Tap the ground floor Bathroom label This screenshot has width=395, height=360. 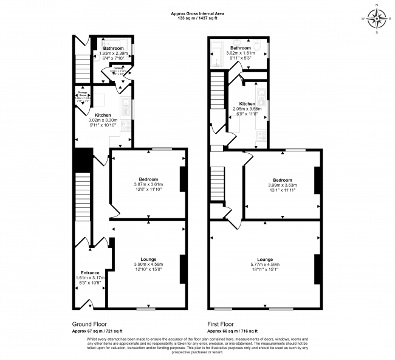pos(113,48)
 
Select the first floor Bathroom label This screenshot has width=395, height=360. pos(240,48)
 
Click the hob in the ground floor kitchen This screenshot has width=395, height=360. pos(126,126)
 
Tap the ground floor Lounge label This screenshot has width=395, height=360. pos(149,259)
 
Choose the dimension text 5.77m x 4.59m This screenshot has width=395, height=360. pos(264,265)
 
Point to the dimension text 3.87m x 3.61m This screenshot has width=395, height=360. pos(149,184)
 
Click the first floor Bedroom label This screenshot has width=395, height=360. pos(282,180)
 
